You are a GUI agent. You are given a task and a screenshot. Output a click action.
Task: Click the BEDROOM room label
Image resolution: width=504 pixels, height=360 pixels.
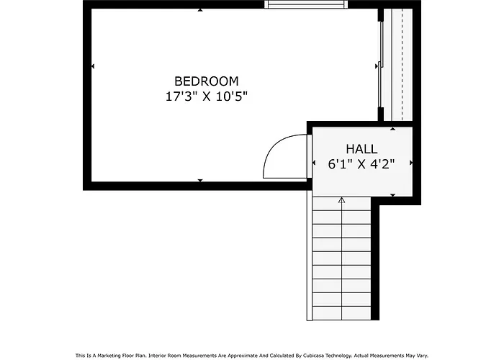[207, 81]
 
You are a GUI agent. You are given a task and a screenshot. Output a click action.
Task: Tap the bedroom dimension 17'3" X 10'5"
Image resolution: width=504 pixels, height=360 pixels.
[207, 96]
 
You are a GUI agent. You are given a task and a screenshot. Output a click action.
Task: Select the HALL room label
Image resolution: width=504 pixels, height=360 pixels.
[361, 149]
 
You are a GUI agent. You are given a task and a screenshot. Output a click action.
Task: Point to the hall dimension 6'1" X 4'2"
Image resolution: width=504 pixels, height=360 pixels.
[361, 164]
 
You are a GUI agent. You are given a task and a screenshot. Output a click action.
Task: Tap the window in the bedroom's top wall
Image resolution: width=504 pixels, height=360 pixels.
[306, 4]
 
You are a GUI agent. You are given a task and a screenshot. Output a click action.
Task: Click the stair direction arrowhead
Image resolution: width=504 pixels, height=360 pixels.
[342, 200]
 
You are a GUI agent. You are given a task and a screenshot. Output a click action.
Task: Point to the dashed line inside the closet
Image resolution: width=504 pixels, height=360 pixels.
[402, 64]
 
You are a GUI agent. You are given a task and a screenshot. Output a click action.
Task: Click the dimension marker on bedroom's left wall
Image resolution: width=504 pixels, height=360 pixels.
[93, 66]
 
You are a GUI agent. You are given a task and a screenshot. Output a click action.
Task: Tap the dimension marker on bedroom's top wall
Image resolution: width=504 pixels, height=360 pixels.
[200, 10]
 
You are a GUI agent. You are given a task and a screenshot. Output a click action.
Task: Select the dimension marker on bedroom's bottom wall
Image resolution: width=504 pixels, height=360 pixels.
[200, 181]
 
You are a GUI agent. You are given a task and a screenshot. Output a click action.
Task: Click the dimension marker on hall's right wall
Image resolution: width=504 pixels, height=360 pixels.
[411, 163]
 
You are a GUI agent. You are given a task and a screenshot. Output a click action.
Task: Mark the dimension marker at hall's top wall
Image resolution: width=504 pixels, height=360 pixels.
[393, 129]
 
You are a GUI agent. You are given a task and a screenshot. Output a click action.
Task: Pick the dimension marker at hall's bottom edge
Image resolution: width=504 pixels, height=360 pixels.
[393, 195]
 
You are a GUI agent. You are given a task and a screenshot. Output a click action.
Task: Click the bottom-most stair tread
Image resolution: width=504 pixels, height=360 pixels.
[342, 313]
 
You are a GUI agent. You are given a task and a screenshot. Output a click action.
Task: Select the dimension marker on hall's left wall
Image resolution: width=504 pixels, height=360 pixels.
[314, 163]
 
